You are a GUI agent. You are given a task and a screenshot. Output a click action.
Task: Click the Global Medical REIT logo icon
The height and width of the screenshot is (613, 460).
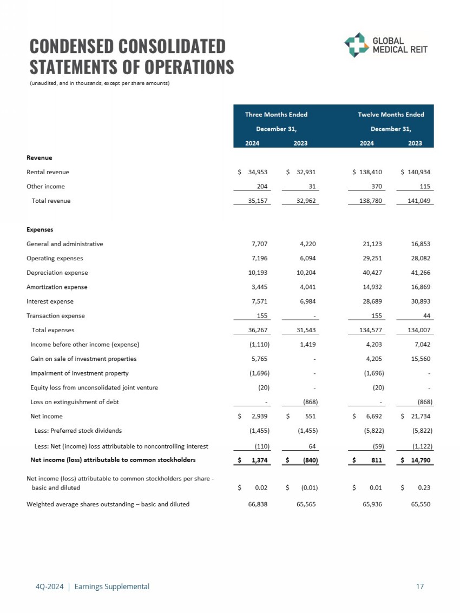357,45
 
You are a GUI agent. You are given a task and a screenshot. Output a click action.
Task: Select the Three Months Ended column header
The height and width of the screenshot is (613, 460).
276,115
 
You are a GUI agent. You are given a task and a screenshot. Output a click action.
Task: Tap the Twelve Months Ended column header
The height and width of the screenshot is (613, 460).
391,115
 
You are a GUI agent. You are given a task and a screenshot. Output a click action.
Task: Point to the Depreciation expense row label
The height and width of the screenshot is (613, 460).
57,273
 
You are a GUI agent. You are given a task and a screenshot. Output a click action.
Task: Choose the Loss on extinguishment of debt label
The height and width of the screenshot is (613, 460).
75,402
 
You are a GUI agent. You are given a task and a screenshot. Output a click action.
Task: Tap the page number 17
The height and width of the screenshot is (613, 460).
420,586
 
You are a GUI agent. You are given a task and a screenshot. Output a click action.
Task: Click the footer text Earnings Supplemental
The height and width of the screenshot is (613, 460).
112,586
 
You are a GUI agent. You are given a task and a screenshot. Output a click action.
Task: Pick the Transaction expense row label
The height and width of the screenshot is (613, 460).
56,315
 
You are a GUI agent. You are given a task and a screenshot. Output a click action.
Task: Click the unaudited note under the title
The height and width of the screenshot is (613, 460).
100,83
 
